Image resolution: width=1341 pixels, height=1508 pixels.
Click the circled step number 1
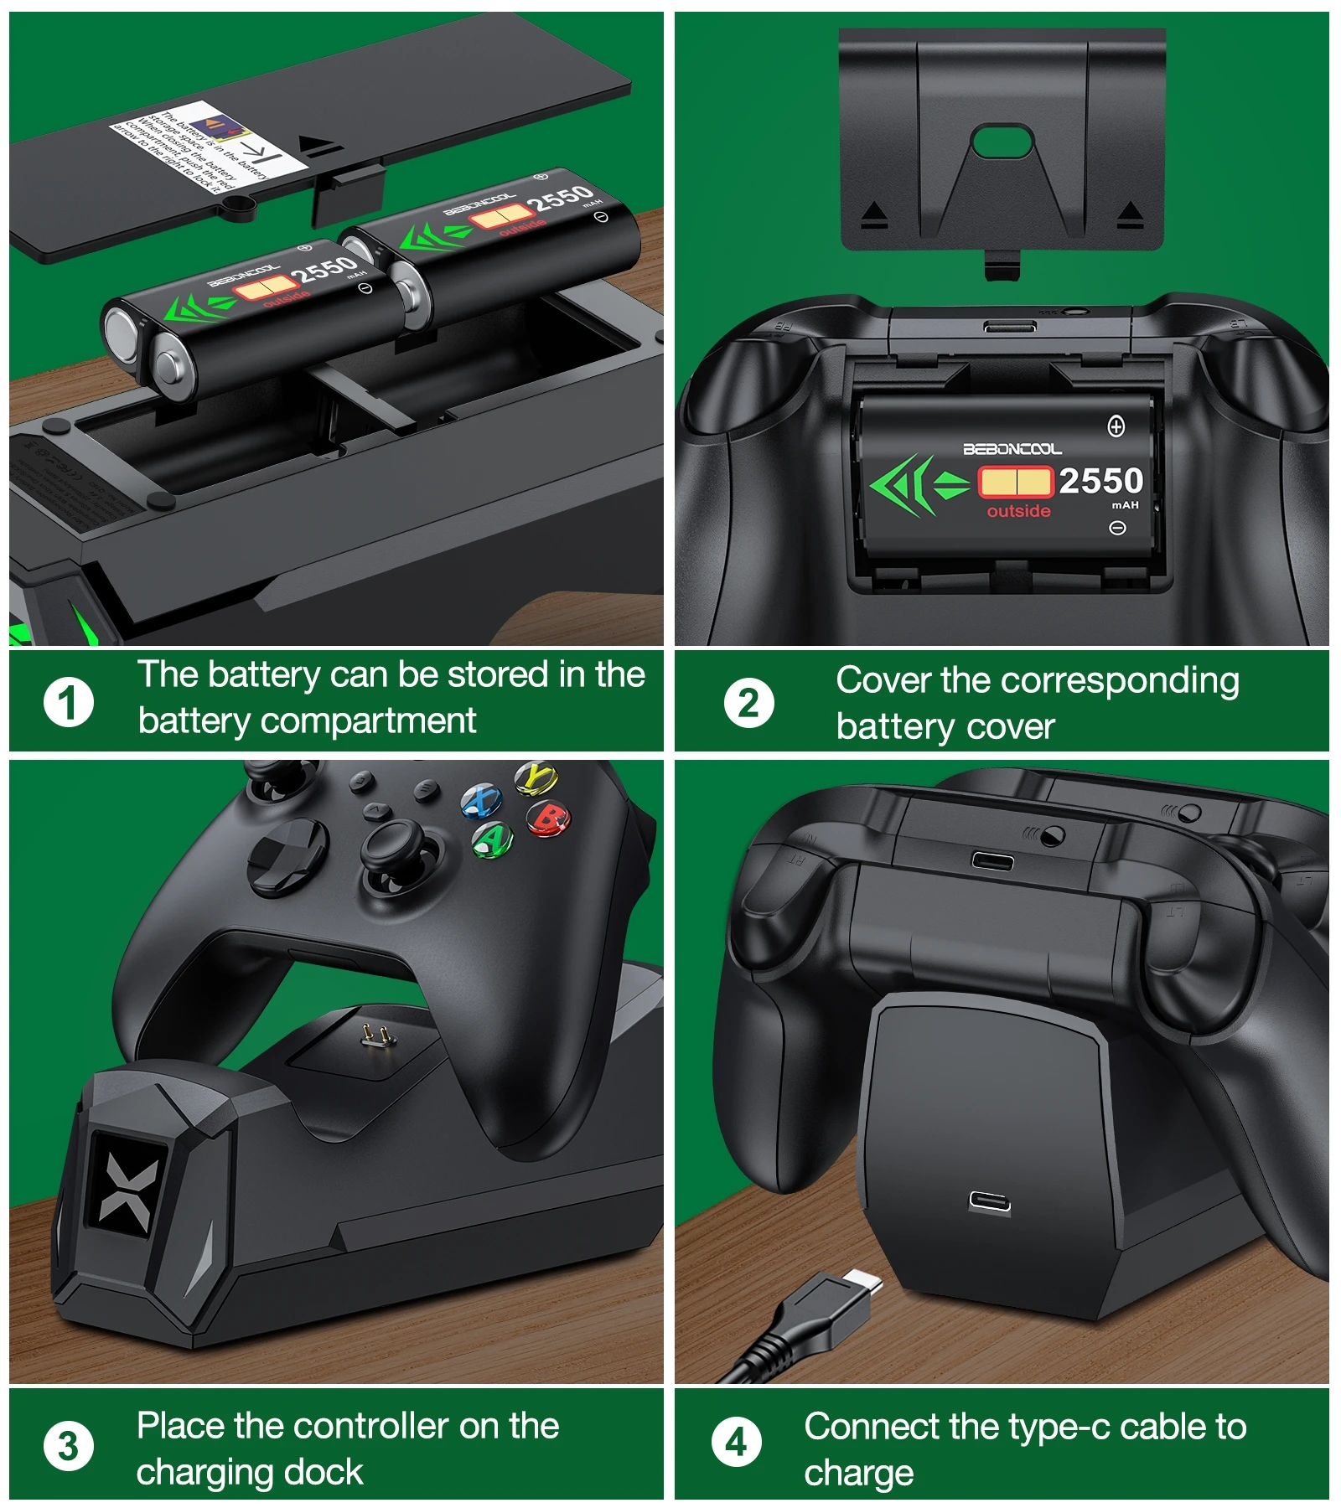(x=69, y=702)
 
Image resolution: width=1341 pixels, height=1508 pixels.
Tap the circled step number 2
(x=748, y=703)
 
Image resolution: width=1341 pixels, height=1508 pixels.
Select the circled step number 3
(x=69, y=1445)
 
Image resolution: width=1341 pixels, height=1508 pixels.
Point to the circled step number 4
(x=736, y=1442)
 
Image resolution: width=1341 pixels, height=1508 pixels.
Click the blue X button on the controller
(x=481, y=801)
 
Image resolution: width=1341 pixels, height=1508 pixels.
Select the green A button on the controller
(x=493, y=839)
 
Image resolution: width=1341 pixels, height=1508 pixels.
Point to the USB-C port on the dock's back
(x=990, y=1202)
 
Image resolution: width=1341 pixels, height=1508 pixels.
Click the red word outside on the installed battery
(x=1018, y=511)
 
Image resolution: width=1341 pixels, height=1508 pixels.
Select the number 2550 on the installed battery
(x=1100, y=481)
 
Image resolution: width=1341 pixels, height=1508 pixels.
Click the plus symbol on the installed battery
(x=1116, y=426)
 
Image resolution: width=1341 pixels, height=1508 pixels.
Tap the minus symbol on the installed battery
(x=1116, y=528)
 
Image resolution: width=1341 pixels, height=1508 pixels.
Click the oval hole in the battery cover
(x=1002, y=142)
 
